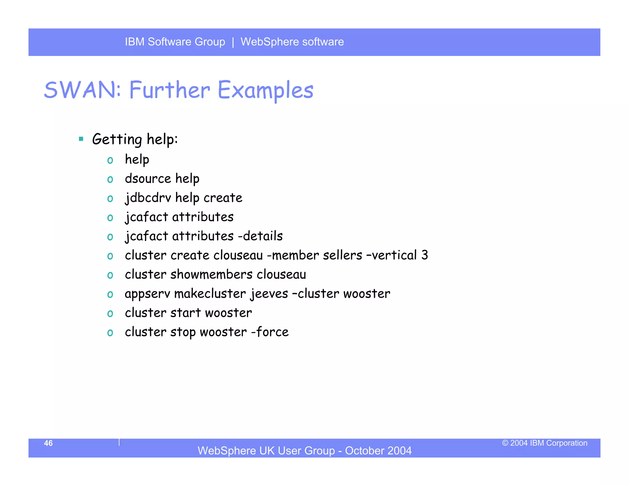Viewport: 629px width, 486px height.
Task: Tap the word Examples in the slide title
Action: [266, 90]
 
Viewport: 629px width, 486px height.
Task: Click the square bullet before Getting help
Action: [81, 139]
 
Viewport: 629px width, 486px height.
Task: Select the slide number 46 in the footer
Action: [48, 443]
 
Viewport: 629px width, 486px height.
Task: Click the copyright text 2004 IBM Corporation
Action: [545, 443]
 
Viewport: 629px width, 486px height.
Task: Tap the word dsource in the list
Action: [148, 179]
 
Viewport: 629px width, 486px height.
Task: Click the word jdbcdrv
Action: [148, 198]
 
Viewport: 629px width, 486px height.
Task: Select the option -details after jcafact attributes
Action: [260, 236]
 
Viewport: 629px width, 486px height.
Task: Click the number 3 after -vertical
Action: [424, 255]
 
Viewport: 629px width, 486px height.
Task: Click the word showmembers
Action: [211, 275]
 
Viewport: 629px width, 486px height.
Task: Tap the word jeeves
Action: [269, 294]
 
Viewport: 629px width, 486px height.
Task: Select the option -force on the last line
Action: [270, 332]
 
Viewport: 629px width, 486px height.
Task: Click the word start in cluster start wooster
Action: [185, 313]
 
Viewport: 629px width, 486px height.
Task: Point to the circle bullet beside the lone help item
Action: [110, 160]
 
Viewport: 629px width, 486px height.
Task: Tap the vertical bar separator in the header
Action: [233, 42]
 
